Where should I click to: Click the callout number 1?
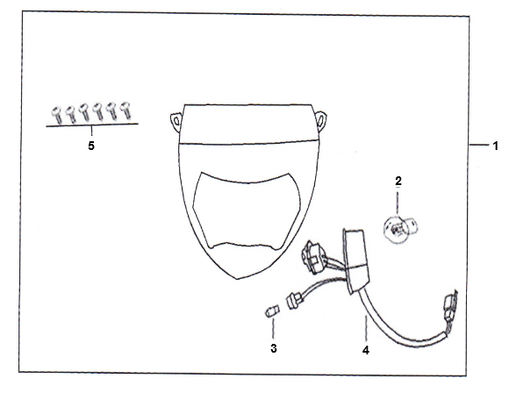pyautogui.click(x=495, y=146)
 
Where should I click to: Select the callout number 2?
pyautogui.click(x=398, y=181)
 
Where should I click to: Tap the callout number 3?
pyautogui.click(x=274, y=348)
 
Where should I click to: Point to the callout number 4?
pyautogui.click(x=366, y=350)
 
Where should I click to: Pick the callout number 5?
pyautogui.click(x=91, y=146)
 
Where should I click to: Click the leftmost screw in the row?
pyautogui.click(x=57, y=115)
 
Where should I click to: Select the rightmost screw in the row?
pyautogui.click(x=125, y=111)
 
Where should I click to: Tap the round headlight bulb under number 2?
pyautogui.click(x=399, y=228)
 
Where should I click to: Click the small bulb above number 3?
pyautogui.click(x=272, y=311)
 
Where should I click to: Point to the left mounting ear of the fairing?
pyautogui.click(x=176, y=122)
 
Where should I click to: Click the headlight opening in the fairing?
pyautogui.click(x=247, y=211)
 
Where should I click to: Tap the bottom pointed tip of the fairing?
pyautogui.click(x=237, y=279)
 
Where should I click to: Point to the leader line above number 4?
pyautogui.click(x=366, y=328)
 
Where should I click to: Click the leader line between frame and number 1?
pyautogui.click(x=479, y=145)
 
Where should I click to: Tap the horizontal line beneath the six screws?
pyautogui.click(x=92, y=125)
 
